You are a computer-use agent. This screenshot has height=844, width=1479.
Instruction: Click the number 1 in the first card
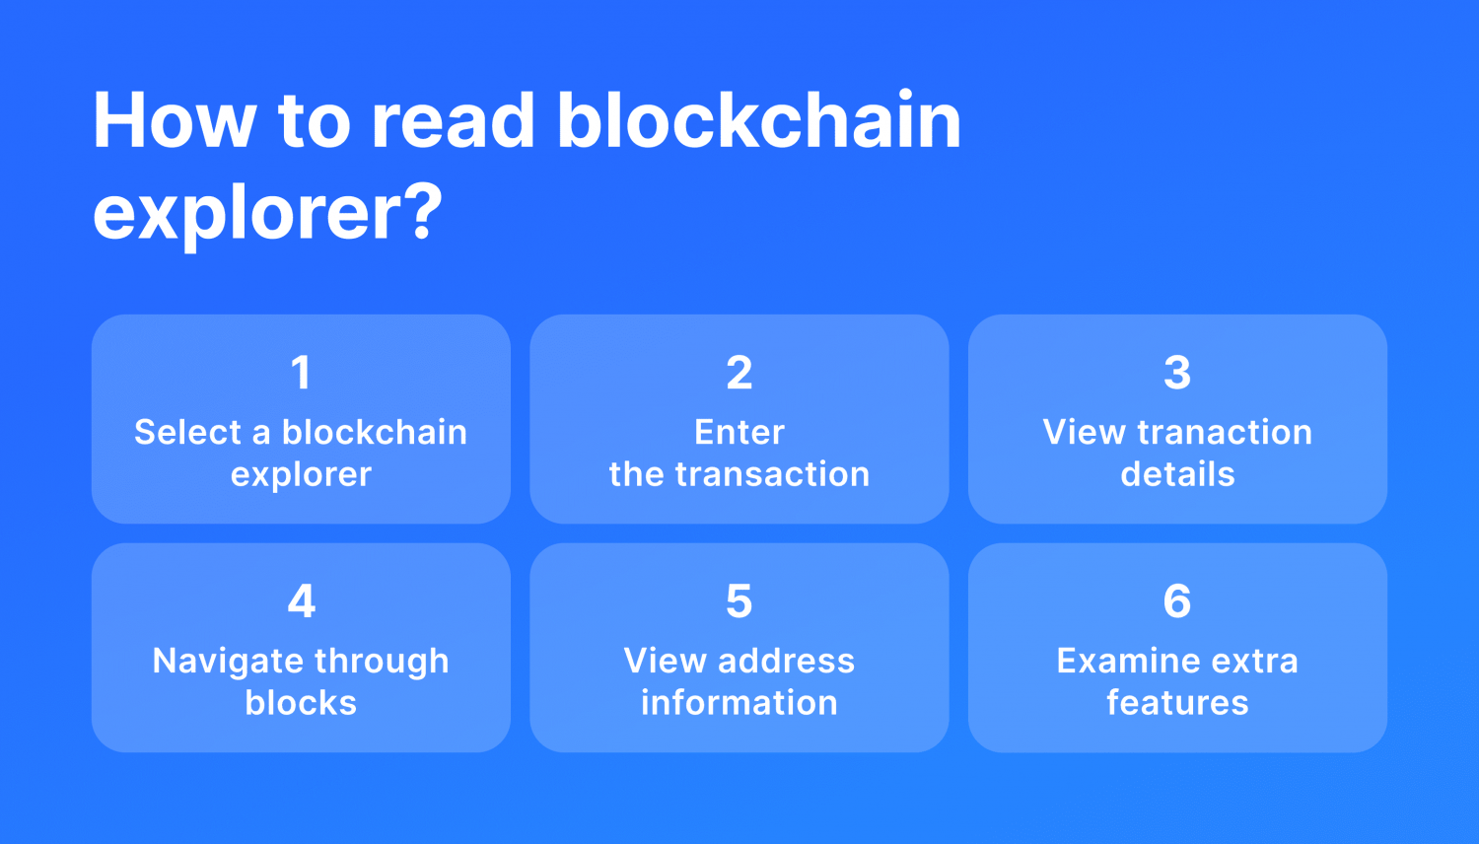(x=301, y=373)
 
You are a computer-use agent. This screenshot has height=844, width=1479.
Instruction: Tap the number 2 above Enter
(x=739, y=373)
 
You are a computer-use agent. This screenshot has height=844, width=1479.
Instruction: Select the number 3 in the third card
(x=1177, y=373)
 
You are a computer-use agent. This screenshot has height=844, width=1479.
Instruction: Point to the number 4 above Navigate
(x=301, y=601)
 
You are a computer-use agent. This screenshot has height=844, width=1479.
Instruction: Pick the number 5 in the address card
(x=739, y=601)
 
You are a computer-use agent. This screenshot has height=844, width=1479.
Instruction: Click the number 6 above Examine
(x=1177, y=601)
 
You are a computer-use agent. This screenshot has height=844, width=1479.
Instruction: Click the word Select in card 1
(x=188, y=433)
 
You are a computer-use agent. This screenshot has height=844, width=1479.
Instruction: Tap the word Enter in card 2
(x=739, y=433)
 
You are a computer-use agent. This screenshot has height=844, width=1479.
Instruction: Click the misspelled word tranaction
(x=1225, y=433)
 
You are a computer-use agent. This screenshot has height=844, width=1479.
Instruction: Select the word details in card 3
(x=1177, y=474)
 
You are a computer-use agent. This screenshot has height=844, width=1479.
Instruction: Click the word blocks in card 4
(x=301, y=702)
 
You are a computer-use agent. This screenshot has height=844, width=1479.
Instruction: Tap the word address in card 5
(x=786, y=661)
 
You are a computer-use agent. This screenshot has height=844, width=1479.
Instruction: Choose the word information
(x=739, y=702)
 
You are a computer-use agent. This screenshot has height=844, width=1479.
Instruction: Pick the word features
(x=1177, y=702)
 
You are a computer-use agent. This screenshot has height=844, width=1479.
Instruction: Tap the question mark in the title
(x=420, y=210)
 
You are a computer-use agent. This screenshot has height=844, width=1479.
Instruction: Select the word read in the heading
(x=453, y=120)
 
